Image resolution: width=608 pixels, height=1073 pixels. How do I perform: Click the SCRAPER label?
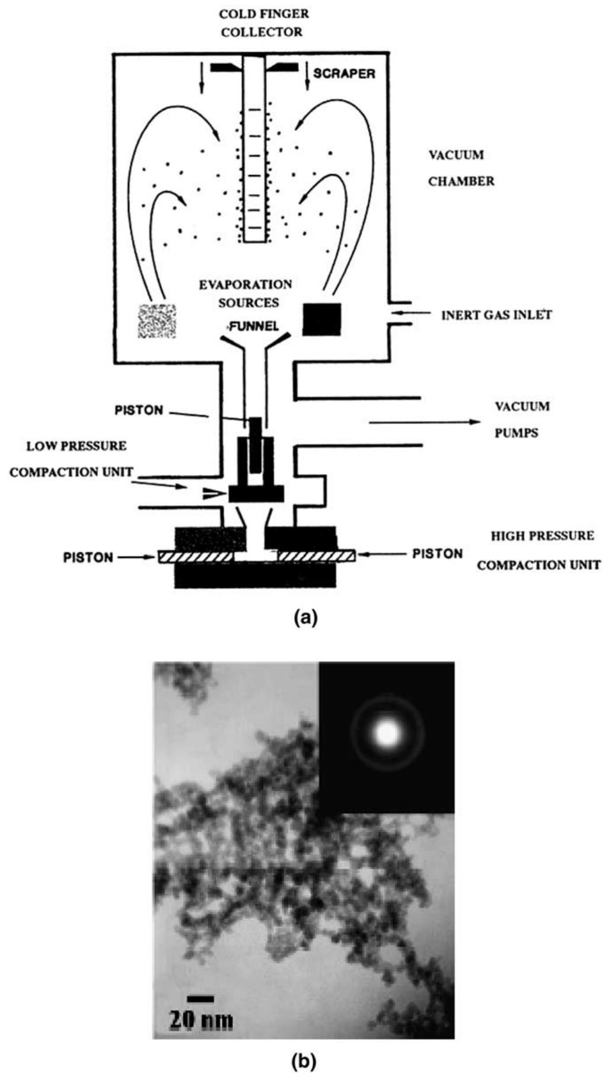(344, 74)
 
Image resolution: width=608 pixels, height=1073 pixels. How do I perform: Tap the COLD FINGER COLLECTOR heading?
(264, 23)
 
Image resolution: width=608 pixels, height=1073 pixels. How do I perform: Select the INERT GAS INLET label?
(496, 315)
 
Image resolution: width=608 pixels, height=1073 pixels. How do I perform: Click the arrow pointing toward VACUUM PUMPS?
(424, 422)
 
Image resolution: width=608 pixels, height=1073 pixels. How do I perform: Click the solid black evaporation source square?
(322, 319)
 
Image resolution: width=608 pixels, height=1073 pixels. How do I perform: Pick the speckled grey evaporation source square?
(157, 321)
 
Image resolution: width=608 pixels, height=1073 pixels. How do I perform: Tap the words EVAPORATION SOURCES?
(246, 293)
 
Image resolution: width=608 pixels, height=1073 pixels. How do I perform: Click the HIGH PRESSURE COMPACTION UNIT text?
(539, 550)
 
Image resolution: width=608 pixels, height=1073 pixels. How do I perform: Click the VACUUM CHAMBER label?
(461, 168)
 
